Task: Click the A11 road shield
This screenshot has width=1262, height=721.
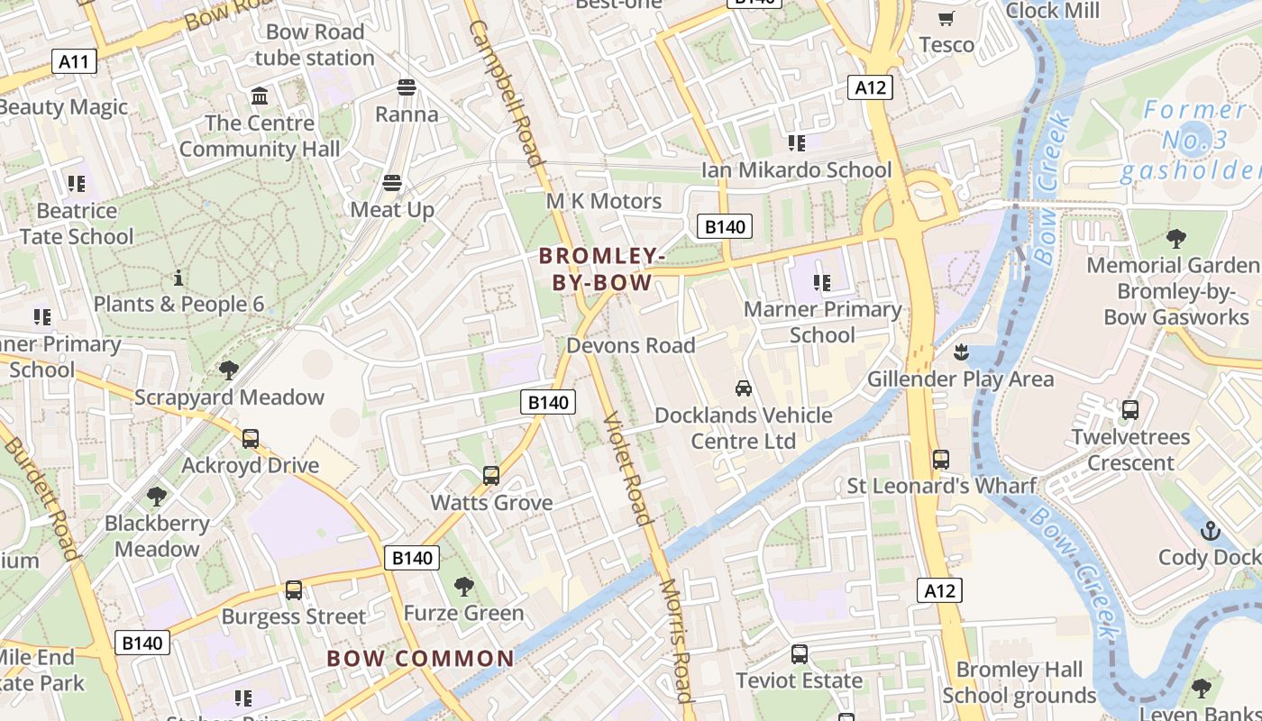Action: tap(74, 61)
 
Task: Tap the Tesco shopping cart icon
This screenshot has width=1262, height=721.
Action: tap(946, 19)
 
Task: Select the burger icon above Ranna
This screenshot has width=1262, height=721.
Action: tap(406, 87)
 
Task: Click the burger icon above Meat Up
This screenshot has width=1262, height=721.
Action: tap(391, 183)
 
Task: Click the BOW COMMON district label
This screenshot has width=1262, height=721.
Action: tap(420, 659)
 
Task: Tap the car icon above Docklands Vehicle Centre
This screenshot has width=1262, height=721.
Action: tap(743, 388)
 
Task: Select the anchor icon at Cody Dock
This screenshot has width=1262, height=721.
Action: tap(1210, 531)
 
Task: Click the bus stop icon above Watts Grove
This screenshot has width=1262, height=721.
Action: tap(490, 475)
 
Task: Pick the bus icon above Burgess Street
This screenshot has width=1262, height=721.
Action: tap(293, 590)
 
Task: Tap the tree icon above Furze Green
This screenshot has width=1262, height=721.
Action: tap(463, 587)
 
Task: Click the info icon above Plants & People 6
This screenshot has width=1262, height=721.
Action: tap(178, 278)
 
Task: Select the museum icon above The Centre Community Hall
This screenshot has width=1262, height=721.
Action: tap(260, 96)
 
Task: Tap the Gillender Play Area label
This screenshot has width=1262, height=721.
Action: tap(960, 379)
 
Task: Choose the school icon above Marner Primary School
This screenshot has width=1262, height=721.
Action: tap(821, 283)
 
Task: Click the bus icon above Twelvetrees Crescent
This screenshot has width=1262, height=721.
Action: tap(1129, 410)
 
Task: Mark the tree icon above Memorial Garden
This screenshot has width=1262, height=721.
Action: tap(1175, 239)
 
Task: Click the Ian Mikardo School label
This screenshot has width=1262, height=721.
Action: tap(796, 169)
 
